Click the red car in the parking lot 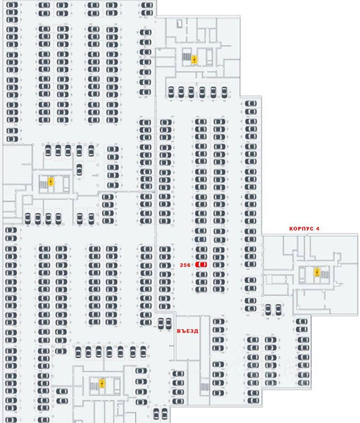(201, 264)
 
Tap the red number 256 (185, 265)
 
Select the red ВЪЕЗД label (188, 330)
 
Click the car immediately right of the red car (219, 264)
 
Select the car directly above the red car (201, 256)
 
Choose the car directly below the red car (201, 274)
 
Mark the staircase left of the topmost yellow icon (187, 58)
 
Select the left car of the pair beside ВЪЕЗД (161, 323)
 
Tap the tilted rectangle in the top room (179, 25)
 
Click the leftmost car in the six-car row (171, 92)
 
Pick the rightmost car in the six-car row (224, 92)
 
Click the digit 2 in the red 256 (182, 265)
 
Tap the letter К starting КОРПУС (291, 229)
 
